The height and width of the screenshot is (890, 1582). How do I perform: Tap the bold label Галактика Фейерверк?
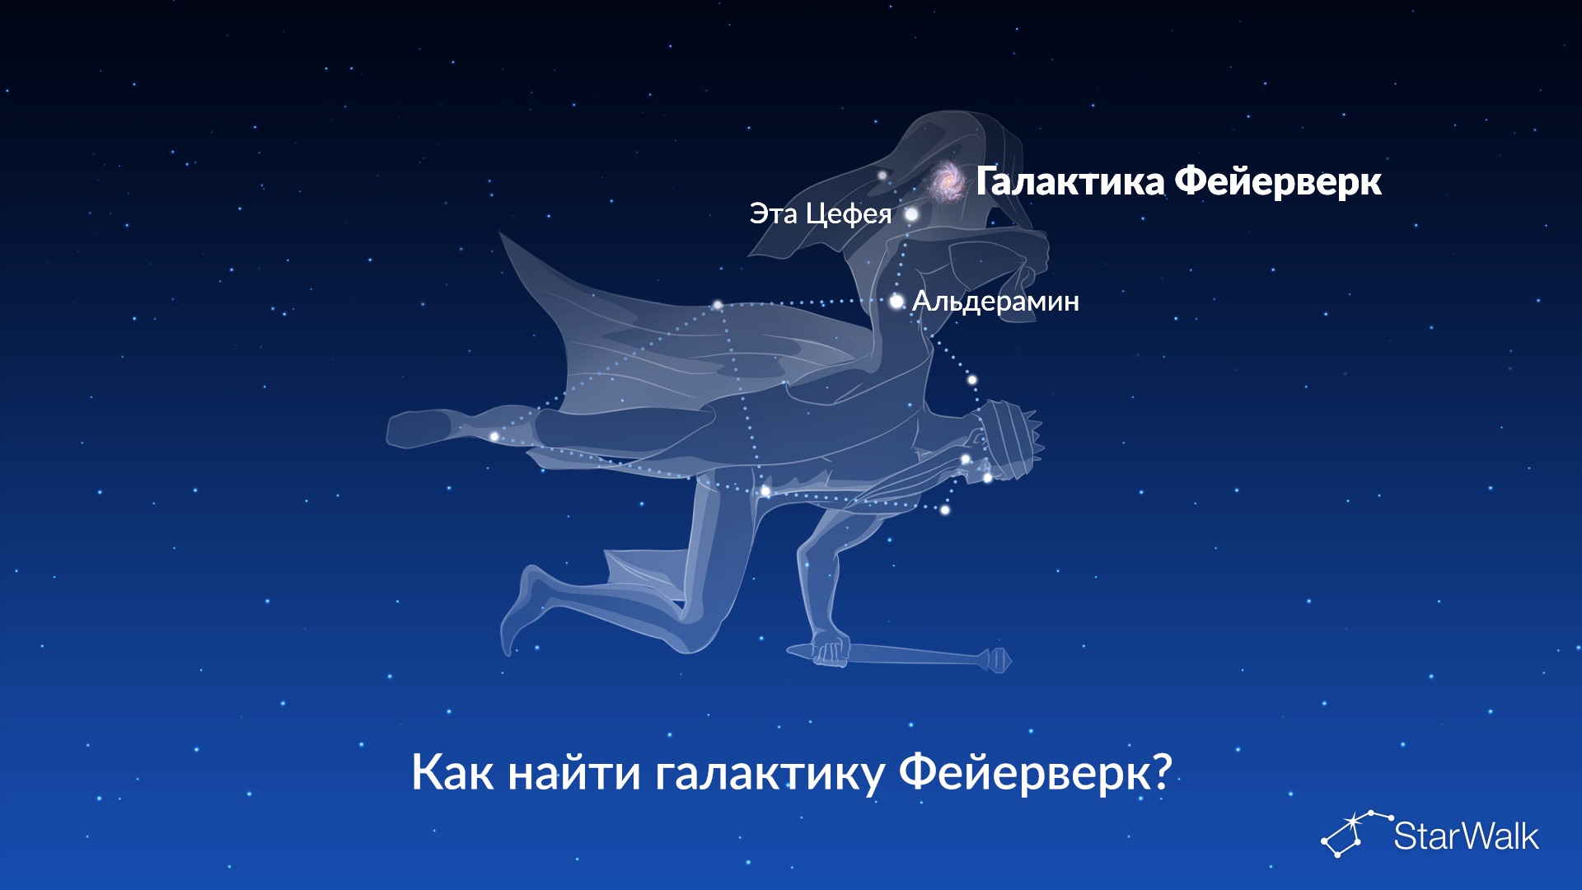pyautogui.click(x=1178, y=181)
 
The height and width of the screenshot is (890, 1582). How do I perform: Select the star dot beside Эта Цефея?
pyautogui.click(x=911, y=214)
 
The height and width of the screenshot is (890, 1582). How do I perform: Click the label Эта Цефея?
pyautogui.click(x=821, y=214)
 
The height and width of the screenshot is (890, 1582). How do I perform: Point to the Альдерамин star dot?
pyautogui.click(x=896, y=302)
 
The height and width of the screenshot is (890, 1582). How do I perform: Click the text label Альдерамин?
pyautogui.click(x=995, y=302)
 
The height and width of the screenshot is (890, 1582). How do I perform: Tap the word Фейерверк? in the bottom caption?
pyautogui.click(x=1035, y=773)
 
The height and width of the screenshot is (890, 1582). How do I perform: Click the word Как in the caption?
pyautogui.click(x=453, y=773)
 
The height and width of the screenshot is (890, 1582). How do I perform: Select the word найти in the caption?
pyautogui.click(x=574, y=771)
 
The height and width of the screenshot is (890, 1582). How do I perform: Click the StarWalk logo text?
pyautogui.click(x=1466, y=836)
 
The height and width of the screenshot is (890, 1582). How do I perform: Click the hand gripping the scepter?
pyautogui.click(x=829, y=648)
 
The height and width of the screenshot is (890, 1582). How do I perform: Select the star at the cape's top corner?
pyautogui.click(x=718, y=305)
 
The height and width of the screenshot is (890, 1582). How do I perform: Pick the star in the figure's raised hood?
pyautogui.click(x=882, y=175)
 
